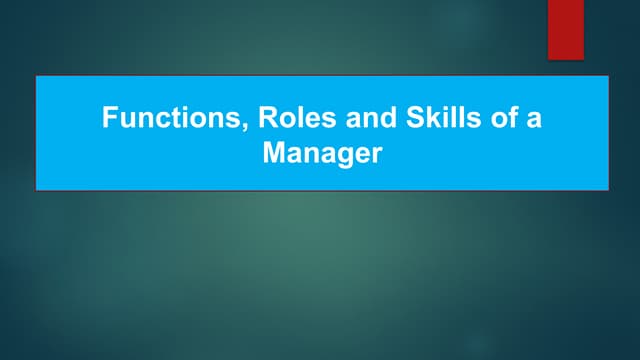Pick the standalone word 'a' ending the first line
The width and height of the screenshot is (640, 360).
coord(534,121)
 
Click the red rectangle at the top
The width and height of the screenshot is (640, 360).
coord(565,29)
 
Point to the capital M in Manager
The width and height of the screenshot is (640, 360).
coord(272,154)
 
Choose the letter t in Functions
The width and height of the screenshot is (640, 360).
coord(183,120)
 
